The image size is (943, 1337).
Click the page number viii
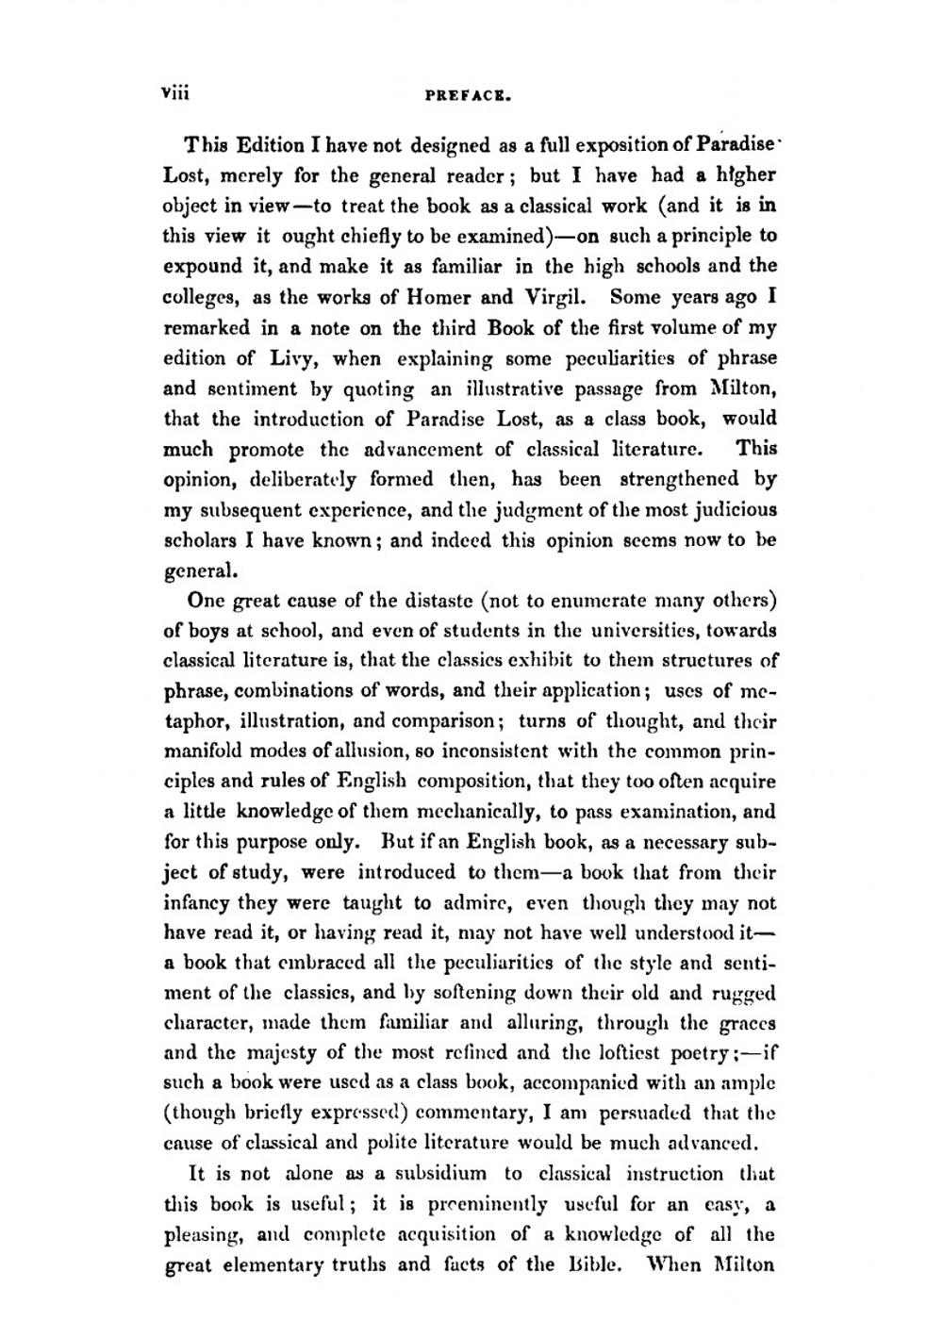tap(175, 93)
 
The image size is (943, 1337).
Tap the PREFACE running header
tap(469, 95)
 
